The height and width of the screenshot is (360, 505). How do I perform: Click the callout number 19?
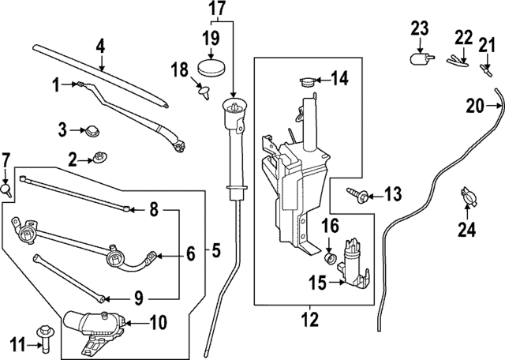click(211, 39)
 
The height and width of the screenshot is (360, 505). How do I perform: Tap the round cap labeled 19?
click(211, 67)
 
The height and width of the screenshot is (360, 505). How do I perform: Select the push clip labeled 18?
click(204, 91)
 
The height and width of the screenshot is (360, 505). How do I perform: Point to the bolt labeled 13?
click(357, 195)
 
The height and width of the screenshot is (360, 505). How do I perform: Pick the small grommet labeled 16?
click(329, 258)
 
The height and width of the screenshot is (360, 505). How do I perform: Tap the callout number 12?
click(309, 318)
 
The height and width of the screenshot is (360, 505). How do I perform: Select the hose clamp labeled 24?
click(469, 196)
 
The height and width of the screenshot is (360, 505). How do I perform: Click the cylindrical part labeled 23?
click(421, 58)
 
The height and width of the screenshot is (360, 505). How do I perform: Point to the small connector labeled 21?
click(486, 69)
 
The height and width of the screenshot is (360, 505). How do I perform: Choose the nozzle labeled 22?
click(457, 61)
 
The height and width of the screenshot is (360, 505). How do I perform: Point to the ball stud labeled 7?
click(6, 189)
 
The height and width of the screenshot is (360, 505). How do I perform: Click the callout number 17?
click(218, 9)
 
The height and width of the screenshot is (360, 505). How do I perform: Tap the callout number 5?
click(216, 250)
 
